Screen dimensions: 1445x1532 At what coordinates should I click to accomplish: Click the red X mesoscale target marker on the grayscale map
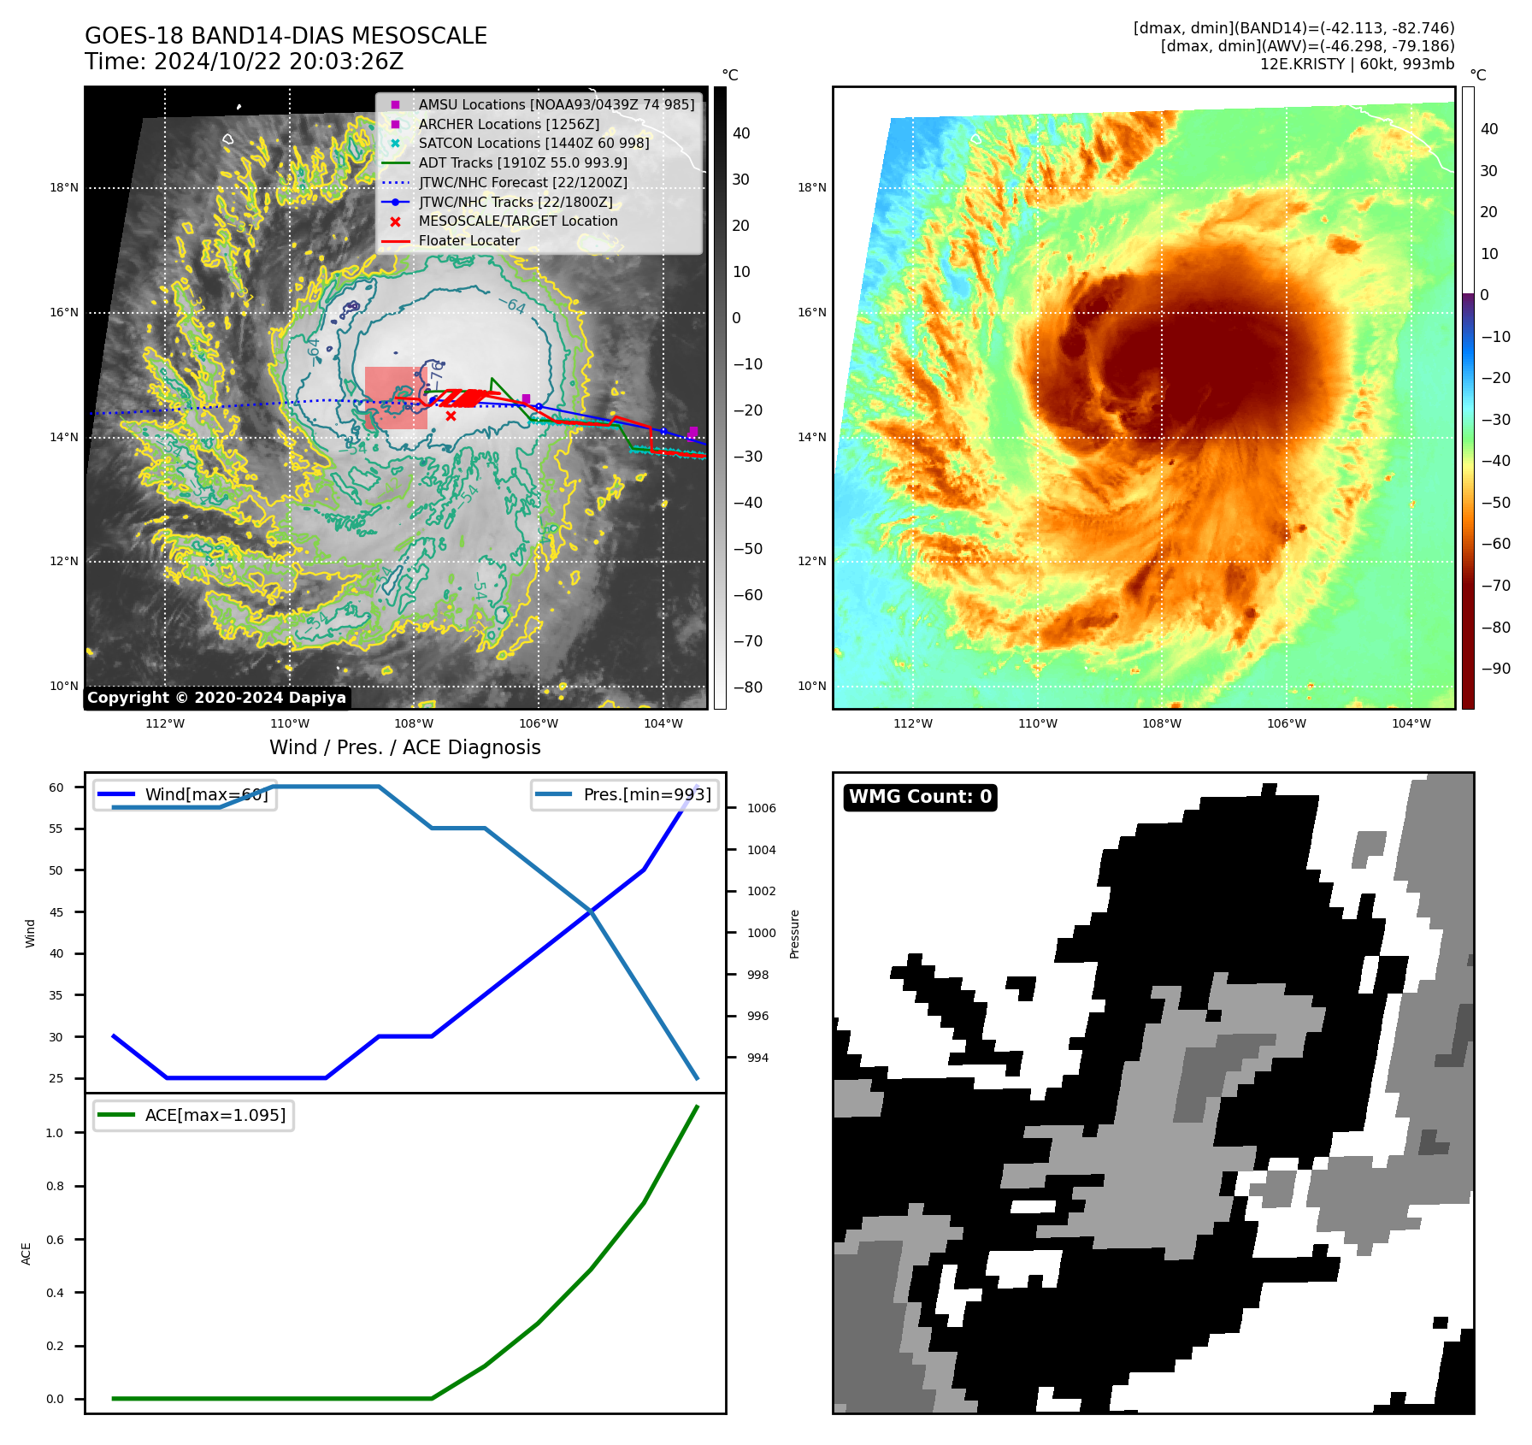point(451,416)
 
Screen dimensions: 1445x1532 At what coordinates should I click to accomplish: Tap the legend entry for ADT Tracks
point(522,162)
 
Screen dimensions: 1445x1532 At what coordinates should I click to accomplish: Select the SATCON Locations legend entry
point(533,143)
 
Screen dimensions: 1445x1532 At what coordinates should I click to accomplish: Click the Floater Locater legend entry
point(468,240)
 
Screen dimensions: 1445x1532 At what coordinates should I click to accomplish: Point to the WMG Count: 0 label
point(920,797)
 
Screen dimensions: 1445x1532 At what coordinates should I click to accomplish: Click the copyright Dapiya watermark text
point(216,698)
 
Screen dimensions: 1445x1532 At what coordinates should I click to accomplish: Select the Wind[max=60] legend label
point(206,794)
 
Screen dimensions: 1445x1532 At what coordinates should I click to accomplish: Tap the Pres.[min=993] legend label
point(646,794)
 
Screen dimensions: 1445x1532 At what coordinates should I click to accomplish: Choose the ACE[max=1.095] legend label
point(215,1115)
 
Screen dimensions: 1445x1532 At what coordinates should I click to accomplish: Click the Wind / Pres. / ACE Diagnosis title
point(404,747)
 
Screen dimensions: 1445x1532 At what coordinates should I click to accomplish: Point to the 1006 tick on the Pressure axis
point(761,808)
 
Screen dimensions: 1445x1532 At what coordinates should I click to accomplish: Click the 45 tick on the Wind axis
point(56,912)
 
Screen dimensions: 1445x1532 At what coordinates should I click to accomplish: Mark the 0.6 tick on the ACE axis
point(55,1240)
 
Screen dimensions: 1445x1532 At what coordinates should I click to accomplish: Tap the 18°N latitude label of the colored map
point(811,188)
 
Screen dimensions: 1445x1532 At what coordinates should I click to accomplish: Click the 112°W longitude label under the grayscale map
point(165,723)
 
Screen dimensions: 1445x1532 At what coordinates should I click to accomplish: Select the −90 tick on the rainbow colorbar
point(1495,669)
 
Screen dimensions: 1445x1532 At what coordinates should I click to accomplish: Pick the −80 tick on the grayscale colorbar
point(747,687)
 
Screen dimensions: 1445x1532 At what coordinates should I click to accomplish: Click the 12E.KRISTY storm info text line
point(1357,64)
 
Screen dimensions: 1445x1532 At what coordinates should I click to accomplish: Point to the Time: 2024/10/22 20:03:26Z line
point(244,62)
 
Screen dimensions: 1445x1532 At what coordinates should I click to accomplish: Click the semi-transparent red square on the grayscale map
point(395,398)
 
